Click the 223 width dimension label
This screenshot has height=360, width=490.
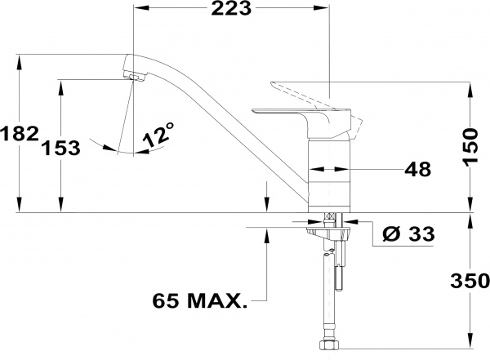(231, 8)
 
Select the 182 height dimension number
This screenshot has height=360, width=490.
(20, 134)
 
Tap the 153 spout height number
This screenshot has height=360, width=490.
(60, 148)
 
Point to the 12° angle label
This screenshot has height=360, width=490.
(158, 135)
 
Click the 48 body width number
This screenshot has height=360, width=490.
(418, 169)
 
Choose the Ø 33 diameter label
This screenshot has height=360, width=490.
(409, 233)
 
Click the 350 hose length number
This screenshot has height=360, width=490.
(470, 280)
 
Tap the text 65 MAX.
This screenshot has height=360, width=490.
(199, 300)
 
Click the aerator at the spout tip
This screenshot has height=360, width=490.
(135, 77)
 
